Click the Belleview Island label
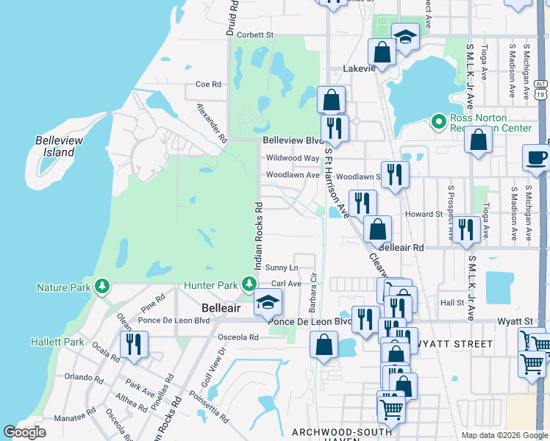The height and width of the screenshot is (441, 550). [x=55, y=146]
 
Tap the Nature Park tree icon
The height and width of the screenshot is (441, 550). [x=103, y=285]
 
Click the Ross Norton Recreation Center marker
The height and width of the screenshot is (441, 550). [x=439, y=121]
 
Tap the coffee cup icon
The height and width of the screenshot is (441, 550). [x=536, y=157]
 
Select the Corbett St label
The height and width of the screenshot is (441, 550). [x=254, y=35]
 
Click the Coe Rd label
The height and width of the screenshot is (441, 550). [x=208, y=85]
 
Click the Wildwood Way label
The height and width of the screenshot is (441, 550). [x=293, y=157]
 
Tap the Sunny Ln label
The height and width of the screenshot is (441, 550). [x=282, y=268]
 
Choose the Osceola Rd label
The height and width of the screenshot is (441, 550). [x=239, y=337]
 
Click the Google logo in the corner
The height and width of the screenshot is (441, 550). [x=25, y=432]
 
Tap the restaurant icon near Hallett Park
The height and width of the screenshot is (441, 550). [x=134, y=345]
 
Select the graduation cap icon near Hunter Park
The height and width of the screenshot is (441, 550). [x=268, y=303]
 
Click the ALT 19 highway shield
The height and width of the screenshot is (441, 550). [x=540, y=89]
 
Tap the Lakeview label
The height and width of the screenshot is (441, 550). [x=360, y=68]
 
